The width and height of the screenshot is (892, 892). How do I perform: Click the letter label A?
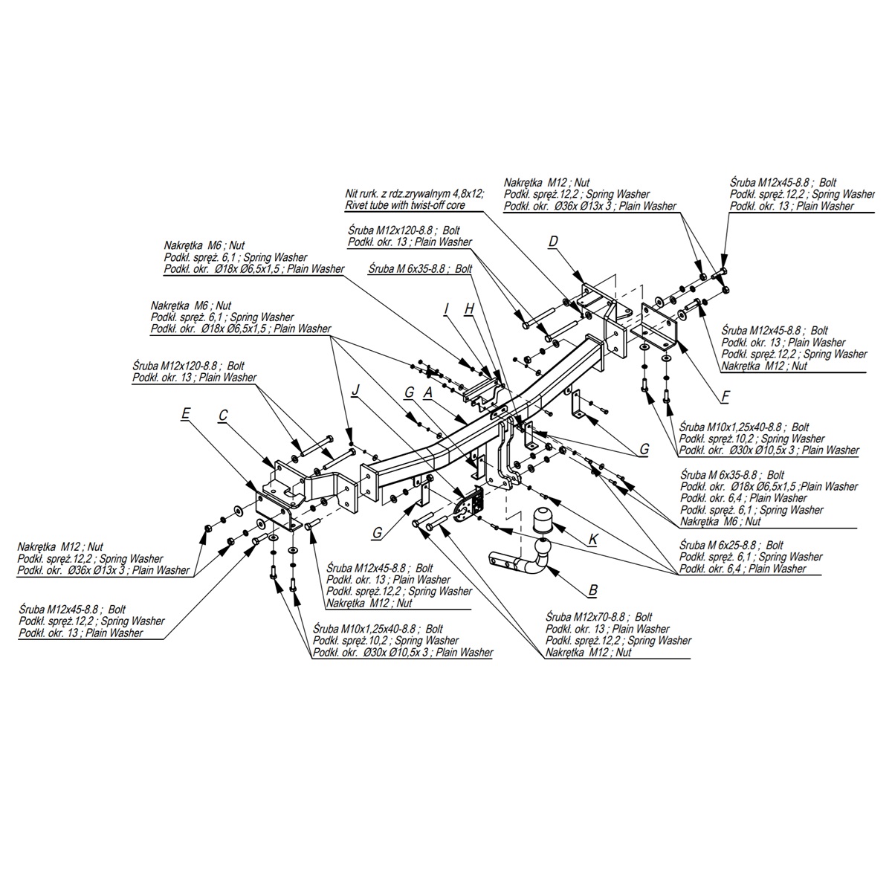[x=428, y=391]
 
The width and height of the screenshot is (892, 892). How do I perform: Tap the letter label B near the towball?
[x=592, y=591]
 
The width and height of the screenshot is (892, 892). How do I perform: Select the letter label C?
[x=222, y=416]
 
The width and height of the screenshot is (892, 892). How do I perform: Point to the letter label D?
[x=553, y=242]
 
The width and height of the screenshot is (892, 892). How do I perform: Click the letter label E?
[x=185, y=413]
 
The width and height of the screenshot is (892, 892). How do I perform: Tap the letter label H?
[x=469, y=308]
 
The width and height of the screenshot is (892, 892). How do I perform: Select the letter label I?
[x=447, y=308]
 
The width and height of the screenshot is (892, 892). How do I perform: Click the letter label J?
[x=356, y=390]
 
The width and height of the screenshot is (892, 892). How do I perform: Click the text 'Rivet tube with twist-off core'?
[x=414, y=204]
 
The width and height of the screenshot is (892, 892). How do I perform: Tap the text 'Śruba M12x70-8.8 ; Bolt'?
[x=598, y=617]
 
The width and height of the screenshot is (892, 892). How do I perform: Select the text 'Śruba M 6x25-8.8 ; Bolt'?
[x=731, y=545]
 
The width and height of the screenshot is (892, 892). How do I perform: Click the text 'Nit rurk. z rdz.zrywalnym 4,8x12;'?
[x=414, y=193]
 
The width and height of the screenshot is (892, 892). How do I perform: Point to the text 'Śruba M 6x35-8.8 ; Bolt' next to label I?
[x=420, y=268]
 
